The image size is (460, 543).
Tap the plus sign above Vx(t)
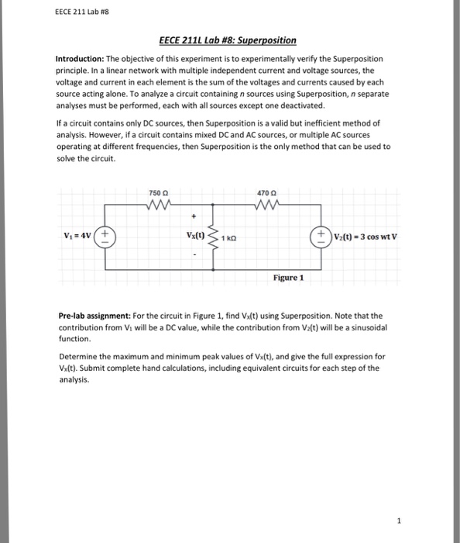(x=197, y=217)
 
